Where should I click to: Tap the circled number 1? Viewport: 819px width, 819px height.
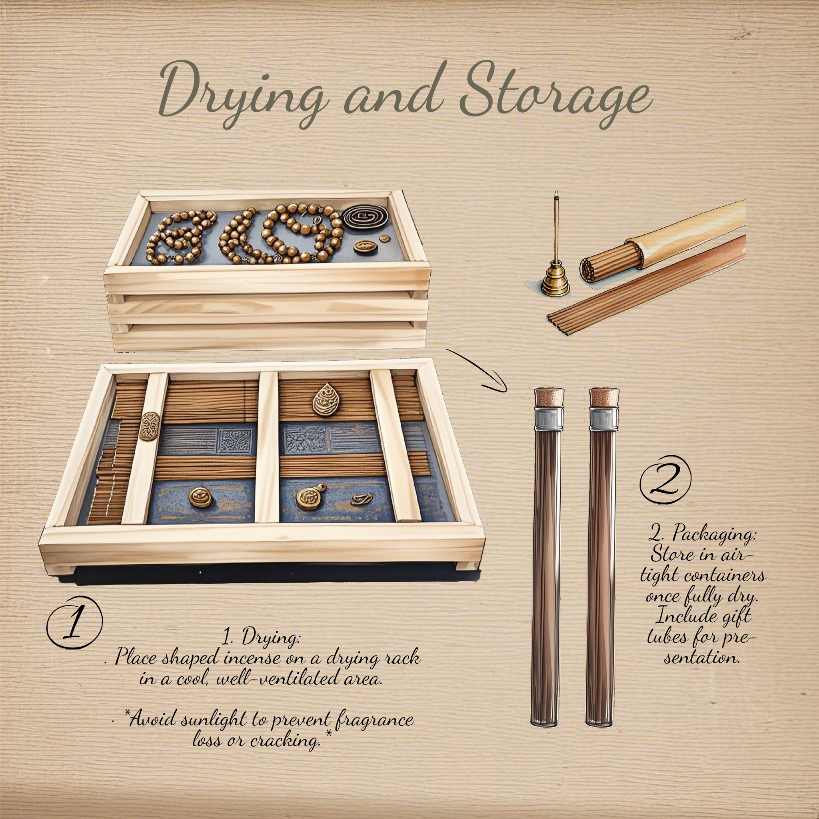point(75,622)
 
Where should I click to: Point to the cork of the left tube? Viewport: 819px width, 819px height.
point(549,397)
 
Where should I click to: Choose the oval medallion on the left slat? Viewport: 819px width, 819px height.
point(150,425)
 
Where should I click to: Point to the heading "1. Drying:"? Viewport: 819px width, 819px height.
point(262,638)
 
